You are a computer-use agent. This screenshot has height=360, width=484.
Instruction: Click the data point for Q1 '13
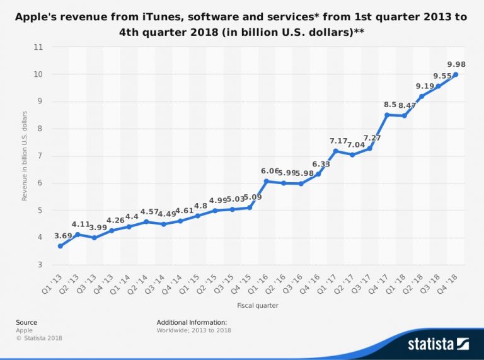coord(60,246)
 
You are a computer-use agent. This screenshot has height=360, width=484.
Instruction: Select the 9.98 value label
coord(456,64)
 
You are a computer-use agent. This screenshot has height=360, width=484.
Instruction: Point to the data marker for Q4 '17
coord(387,115)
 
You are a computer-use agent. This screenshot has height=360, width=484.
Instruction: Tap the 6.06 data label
coord(270,171)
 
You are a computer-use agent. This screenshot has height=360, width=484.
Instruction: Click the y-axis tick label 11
coord(38,47)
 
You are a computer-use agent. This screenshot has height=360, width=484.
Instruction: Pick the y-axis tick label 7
coord(40,156)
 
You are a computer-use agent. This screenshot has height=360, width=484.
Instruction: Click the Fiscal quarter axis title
coord(257,306)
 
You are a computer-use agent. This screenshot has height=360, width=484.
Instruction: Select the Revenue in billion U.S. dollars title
coord(25,156)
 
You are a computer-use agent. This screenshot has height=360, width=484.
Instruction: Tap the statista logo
coord(438,344)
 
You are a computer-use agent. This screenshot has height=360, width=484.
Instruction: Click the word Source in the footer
coord(26,322)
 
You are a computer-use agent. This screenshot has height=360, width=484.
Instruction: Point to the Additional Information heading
coord(192,322)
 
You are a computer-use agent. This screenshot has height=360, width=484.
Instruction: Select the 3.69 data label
coord(63,236)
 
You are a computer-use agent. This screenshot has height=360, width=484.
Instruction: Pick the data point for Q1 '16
coord(267,181)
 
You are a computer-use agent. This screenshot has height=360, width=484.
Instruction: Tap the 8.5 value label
coord(390,105)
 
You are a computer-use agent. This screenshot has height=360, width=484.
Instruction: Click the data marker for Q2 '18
coord(422,96)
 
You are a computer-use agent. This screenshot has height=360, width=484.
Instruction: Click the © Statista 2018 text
coord(39,338)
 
